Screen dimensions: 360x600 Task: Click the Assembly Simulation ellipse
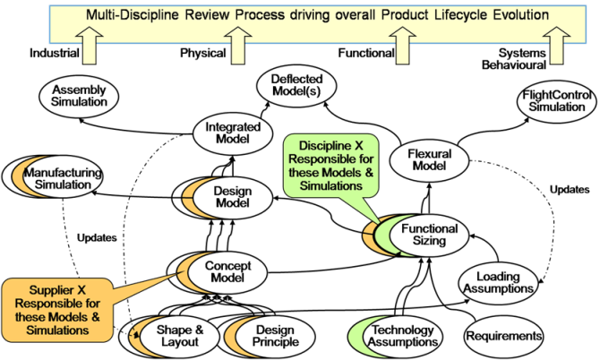click(79, 96)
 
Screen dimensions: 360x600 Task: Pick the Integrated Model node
click(233, 133)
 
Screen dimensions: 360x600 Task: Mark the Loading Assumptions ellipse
click(498, 282)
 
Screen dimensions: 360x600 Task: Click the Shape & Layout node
click(175, 336)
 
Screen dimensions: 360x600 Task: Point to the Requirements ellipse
click(503, 336)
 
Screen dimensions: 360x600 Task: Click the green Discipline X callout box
click(330, 166)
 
